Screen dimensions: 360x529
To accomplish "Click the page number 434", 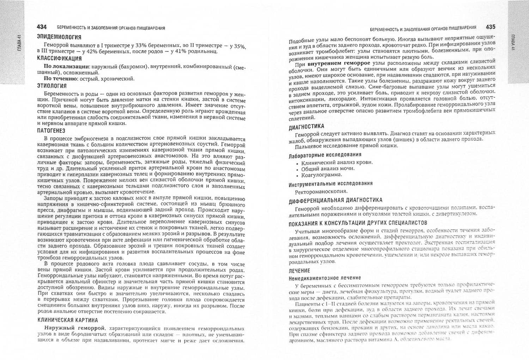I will click(x=42, y=28).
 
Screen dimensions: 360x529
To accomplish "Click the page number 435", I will click(x=490, y=27).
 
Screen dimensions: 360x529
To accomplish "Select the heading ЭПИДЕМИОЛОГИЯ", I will click(x=59, y=37).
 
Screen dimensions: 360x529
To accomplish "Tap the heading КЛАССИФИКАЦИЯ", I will click(x=59, y=59).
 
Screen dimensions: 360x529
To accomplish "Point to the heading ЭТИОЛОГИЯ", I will click(x=52, y=86).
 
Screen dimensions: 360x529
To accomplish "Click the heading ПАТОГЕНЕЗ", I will click(x=51, y=131).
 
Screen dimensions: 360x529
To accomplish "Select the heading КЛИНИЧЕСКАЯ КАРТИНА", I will click(x=68, y=320).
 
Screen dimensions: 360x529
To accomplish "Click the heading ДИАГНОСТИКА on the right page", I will click(x=306, y=126).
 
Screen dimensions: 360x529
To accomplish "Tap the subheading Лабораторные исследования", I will click(x=325, y=155).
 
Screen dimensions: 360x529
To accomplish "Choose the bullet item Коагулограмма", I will click(x=322, y=175).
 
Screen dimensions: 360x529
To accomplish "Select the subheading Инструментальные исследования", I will click(x=330, y=183).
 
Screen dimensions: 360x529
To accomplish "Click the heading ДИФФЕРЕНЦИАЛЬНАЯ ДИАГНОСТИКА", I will click(x=335, y=201).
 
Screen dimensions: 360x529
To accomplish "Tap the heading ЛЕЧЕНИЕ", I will click(x=299, y=271).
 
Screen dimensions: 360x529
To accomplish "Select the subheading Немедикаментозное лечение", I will click(x=325, y=278).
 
